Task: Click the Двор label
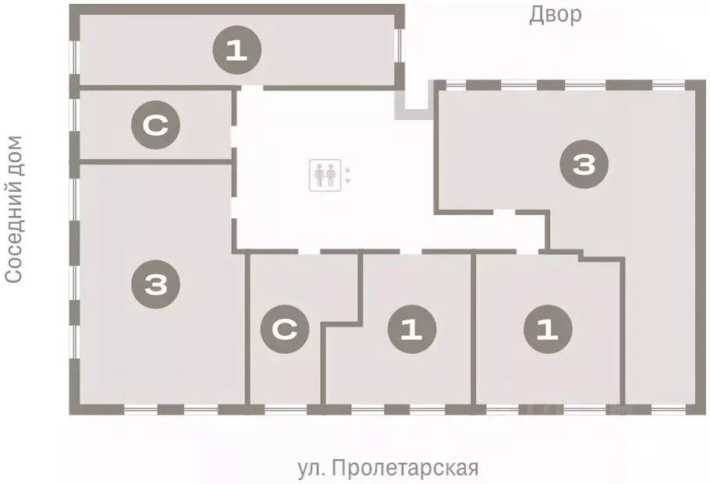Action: tap(556, 15)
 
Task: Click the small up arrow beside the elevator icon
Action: tap(348, 169)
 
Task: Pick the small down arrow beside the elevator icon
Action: tap(348, 181)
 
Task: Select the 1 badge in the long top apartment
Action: tap(237, 52)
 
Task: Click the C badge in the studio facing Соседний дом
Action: tap(156, 125)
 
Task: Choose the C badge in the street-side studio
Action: tap(286, 330)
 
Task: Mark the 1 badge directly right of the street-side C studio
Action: tap(412, 331)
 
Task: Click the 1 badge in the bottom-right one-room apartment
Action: tap(548, 331)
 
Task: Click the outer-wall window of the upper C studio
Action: tap(73, 125)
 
